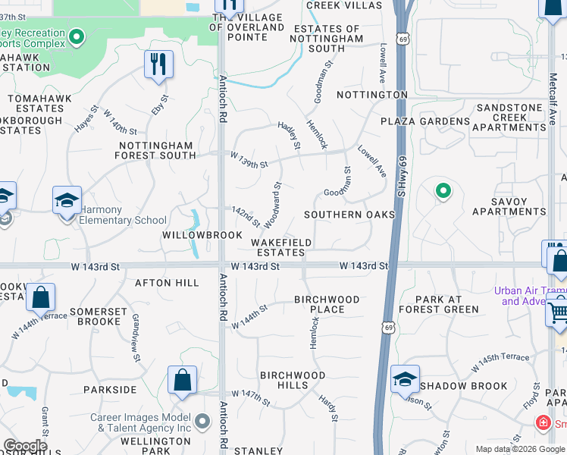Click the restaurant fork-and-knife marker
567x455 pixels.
point(158,64)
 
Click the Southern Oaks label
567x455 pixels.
point(349,215)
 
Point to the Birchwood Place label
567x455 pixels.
point(330,304)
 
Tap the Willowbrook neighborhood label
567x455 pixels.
point(191,235)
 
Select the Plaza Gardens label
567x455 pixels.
point(425,121)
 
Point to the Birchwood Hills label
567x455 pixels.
point(293,380)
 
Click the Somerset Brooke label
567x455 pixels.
point(95,316)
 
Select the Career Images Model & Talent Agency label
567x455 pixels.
point(141,422)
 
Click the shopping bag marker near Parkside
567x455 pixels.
point(183,381)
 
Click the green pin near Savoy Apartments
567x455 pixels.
point(443,191)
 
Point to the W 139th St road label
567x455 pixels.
point(249,160)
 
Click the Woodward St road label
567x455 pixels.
point(273,203)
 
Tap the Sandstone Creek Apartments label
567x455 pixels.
point(509,118)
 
